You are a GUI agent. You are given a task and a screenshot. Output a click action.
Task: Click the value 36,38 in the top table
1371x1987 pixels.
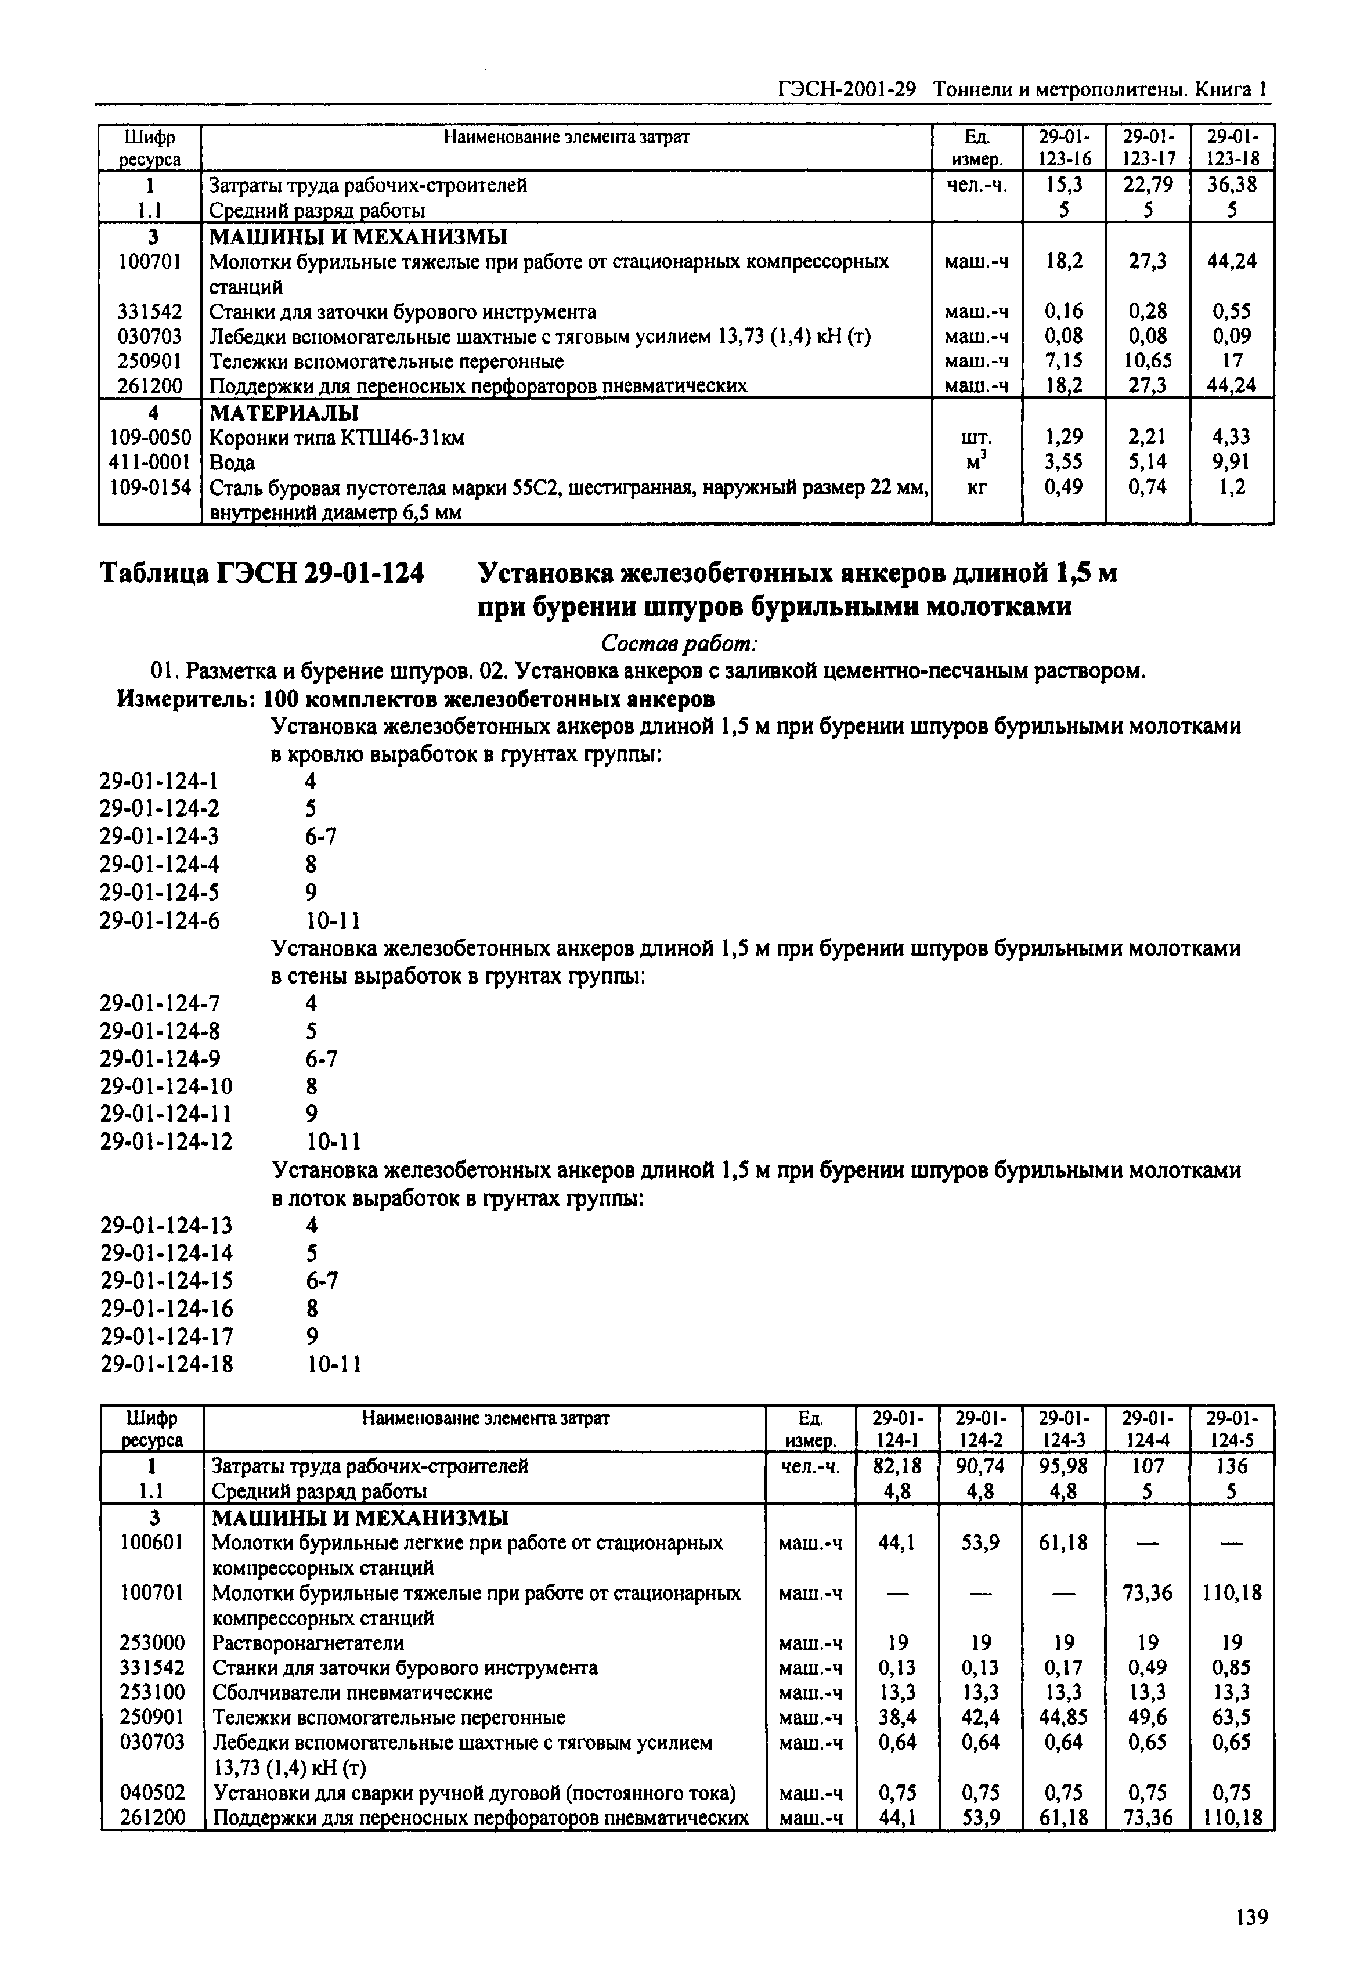pos(1232,185)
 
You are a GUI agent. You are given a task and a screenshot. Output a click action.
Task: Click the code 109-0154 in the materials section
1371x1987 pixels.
pos(150,487)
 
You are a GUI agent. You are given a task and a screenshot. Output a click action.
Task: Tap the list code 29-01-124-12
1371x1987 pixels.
pos(166,1141)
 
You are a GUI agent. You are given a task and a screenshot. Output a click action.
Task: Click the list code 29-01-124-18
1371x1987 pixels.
pos(166,1364)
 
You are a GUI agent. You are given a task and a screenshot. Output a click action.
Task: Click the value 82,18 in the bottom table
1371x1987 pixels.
pos(897,1466)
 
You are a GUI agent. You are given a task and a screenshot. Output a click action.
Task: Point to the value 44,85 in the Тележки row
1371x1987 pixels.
pos(1063,1717)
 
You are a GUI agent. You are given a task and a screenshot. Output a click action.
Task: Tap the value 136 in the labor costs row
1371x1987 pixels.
pos(1232,1466)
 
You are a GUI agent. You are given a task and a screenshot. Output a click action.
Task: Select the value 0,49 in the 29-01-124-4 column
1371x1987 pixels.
pos(1148,1668)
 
